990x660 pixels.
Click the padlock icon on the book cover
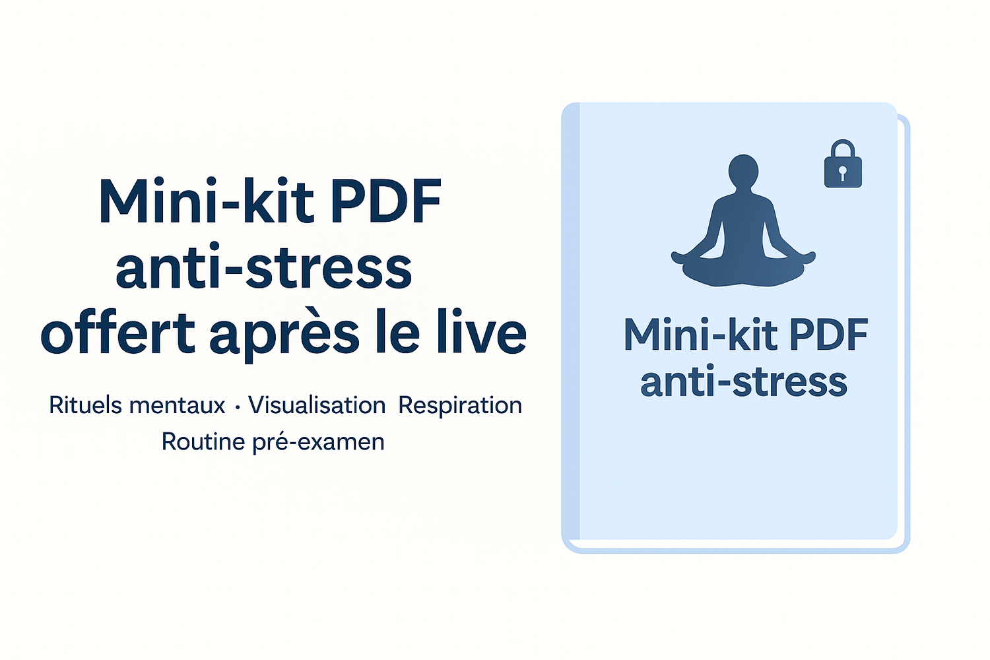click(x=843, y=164)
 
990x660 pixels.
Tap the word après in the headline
click(x=284, y=336)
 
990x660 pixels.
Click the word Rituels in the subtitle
click(x=85, y=405)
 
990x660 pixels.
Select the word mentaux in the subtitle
click(x=178, y=407)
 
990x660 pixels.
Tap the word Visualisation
click(x=316, y=405)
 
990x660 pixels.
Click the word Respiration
click(x=460, y=407)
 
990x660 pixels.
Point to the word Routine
click(x=203, y=441)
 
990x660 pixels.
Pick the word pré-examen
click(x=318, y=442)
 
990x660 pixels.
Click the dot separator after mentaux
click(x=238, y=408)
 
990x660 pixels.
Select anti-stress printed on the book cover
click(x=744, y=382)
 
